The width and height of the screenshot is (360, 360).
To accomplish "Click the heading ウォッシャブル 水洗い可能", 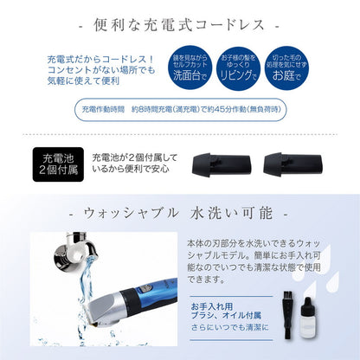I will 180,212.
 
